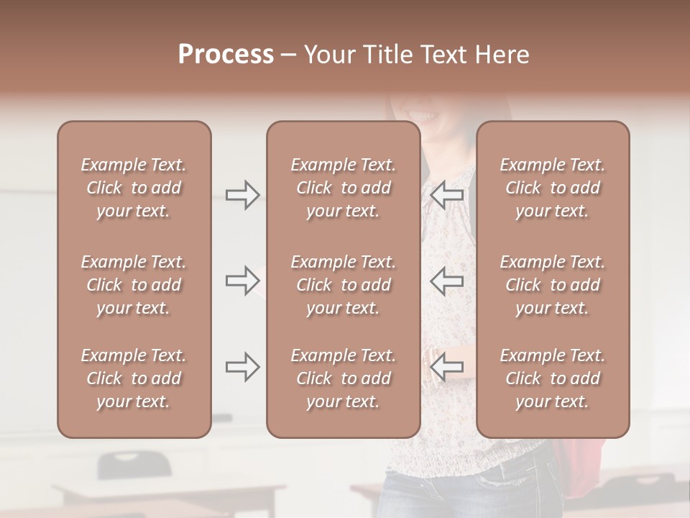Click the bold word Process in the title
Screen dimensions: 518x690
click(226, 55)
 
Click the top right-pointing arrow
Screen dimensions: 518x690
click(242, 195)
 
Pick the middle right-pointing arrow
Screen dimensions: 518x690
click(242, 281)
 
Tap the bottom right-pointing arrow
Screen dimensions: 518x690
click(242, 368)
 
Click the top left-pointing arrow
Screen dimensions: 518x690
click(447, 194)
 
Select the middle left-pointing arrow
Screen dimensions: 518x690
click(447, 281)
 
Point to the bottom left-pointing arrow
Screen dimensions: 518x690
click(447, 368)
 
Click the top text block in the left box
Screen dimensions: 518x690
click(134, 188)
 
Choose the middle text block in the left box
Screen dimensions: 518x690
click(134, 285)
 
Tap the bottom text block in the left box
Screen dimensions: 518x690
click(134, 378)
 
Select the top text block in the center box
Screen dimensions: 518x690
click(344, 188)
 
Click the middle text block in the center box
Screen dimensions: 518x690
click(344, 285)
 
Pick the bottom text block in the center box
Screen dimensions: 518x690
click(344, 378)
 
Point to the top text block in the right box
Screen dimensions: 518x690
click(553, 188)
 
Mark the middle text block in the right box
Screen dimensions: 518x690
click(553, 285)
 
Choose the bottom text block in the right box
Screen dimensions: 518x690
click(553, 378)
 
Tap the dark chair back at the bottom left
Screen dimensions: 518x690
click(134, 463)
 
